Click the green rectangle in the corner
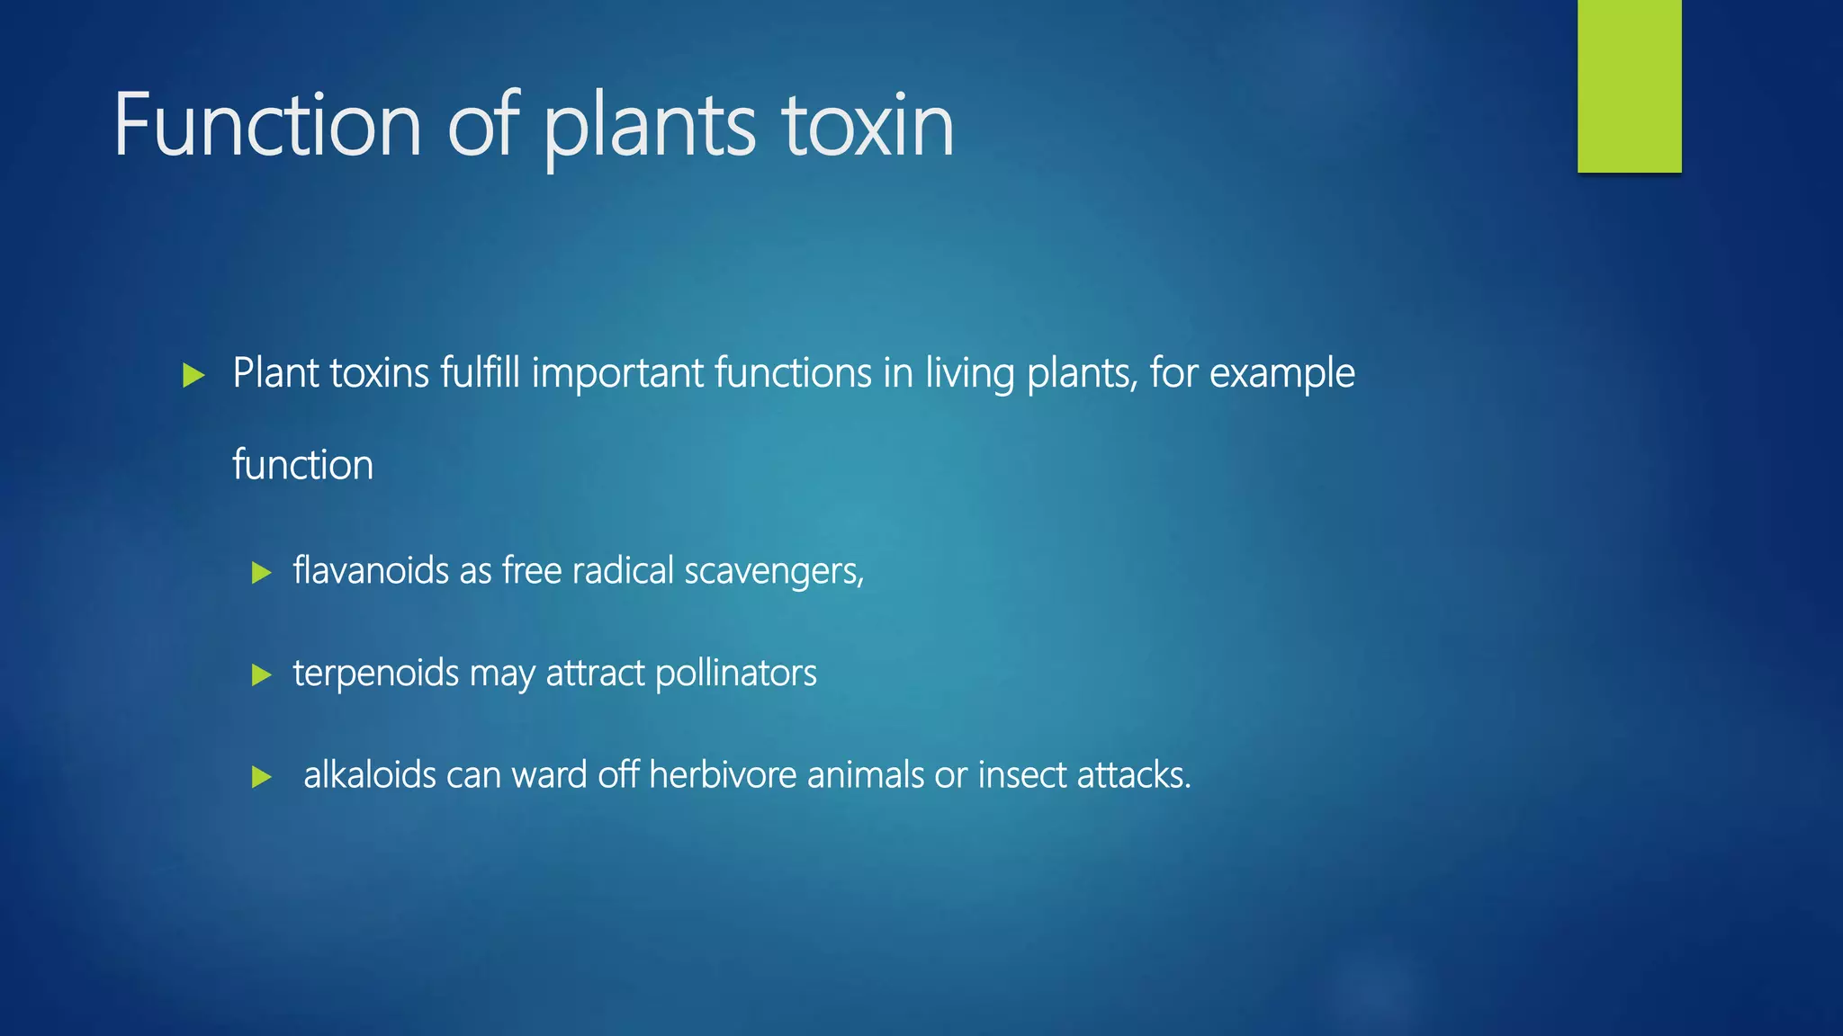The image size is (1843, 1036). [x=1629, y=85]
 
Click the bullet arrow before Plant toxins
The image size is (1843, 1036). [x=193, y=375]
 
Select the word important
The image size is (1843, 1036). [x=617, y=373]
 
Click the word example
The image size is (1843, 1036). [x=1281, y=373]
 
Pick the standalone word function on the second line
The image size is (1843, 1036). [x=302, y=465]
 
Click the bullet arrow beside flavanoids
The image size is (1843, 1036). [x=262, y=573]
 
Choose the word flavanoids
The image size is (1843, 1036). [x=371, y=571]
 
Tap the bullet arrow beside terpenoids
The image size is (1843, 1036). [x=262, y=674]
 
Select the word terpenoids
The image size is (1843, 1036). [x=376, y=674]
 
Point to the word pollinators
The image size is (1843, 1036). [x=736, y=674]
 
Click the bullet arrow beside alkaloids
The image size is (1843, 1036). [x=262, y=777]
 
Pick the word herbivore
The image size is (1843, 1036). [x=723, y=775]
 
